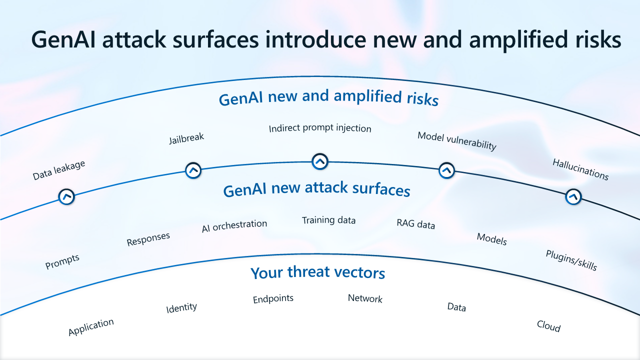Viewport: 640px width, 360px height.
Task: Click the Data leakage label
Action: coord(59,170)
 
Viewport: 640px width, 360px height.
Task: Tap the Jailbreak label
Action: coord(186,138)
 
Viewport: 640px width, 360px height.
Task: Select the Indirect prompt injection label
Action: coord(320,128)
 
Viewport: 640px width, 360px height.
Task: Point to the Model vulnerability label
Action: coord(457,141)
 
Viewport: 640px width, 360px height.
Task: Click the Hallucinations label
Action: coord(580,169)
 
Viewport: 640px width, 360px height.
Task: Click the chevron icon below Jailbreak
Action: coord(193,170)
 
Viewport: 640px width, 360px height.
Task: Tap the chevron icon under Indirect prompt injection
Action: coord(319,161)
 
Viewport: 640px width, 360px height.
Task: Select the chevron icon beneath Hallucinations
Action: coord(573,196)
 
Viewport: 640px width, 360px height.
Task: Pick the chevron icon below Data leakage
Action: coord(66,196)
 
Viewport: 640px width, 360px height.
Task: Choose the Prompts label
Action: coord(62,261)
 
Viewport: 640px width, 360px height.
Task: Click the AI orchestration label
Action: coord(234,226)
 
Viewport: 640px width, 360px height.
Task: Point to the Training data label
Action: coord(328,220)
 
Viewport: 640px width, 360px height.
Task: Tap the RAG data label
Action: coord(416,224)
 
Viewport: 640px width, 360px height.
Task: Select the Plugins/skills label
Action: coord(571,260)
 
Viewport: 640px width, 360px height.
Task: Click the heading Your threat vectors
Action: coord(318,273)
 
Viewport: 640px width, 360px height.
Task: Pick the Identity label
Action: coord(181,307)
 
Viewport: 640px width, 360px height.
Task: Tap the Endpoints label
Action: coord(273,299)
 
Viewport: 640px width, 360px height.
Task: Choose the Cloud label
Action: coord(548,326)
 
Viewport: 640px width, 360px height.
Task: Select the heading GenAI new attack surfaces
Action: coord(317,190)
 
